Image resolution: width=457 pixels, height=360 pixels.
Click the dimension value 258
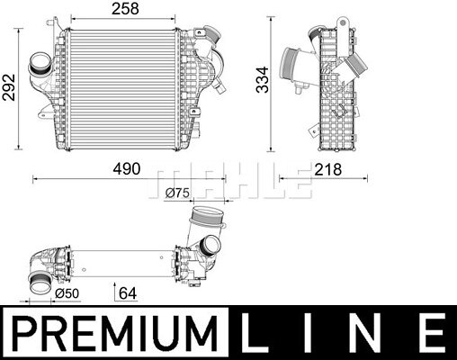click(x=125, y=9)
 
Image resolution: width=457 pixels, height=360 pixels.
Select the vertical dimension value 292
click(x=8, y=87)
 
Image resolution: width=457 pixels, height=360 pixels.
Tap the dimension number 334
click(x=263, y=80)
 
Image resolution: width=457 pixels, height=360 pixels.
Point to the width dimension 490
click(x=127, y=169)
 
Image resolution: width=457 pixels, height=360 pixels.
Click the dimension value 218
click(x=327, y=170)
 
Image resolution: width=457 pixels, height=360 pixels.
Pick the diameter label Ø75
click(x=177, y=193)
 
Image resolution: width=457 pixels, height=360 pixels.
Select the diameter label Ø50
click(x=67, y=293)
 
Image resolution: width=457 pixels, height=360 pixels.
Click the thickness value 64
click(x=128, y=293)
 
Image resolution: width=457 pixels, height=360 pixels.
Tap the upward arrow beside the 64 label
click(x=115, y=292)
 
